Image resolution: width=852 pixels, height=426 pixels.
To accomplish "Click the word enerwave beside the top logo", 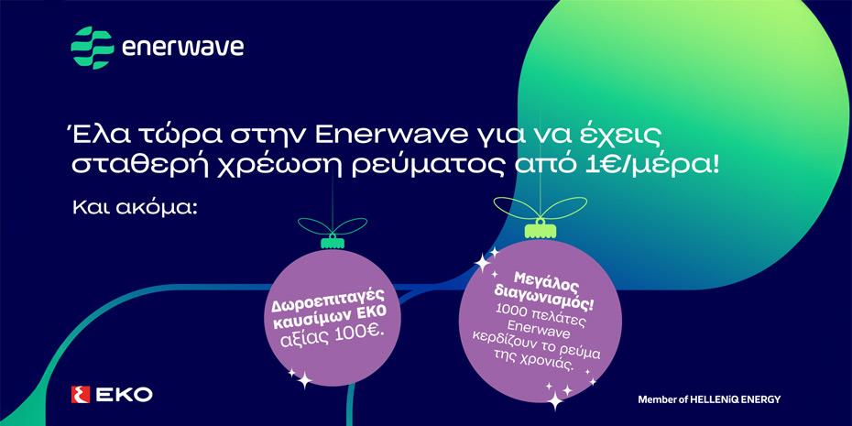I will click(x=183, y=46).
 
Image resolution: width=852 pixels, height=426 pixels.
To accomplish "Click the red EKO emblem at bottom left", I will click(x=80, y=395).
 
